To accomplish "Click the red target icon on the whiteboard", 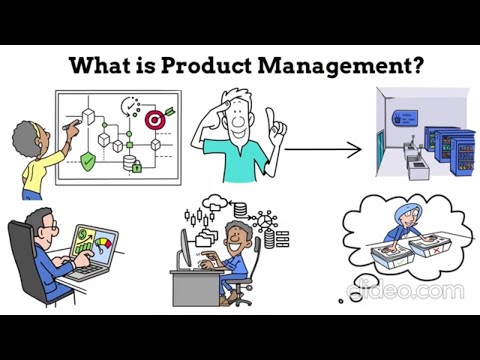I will click(157, 118).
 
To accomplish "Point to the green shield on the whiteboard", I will click(89, 160).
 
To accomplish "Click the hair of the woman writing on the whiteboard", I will click(25, 136).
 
